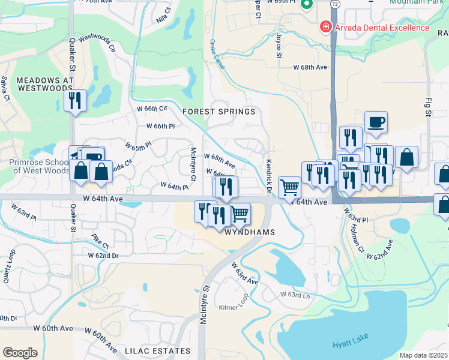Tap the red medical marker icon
tap(325, 27)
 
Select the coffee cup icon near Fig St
tap(376, 122)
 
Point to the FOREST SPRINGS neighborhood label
tap(219, 112)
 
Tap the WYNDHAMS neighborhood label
tap(250, 232)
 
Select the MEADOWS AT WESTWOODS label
tap(36, 84)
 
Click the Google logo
tap(20, 353)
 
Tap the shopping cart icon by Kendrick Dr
tap(289, 188)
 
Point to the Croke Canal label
tap(217, 54)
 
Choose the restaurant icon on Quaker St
tap(75, 100)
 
